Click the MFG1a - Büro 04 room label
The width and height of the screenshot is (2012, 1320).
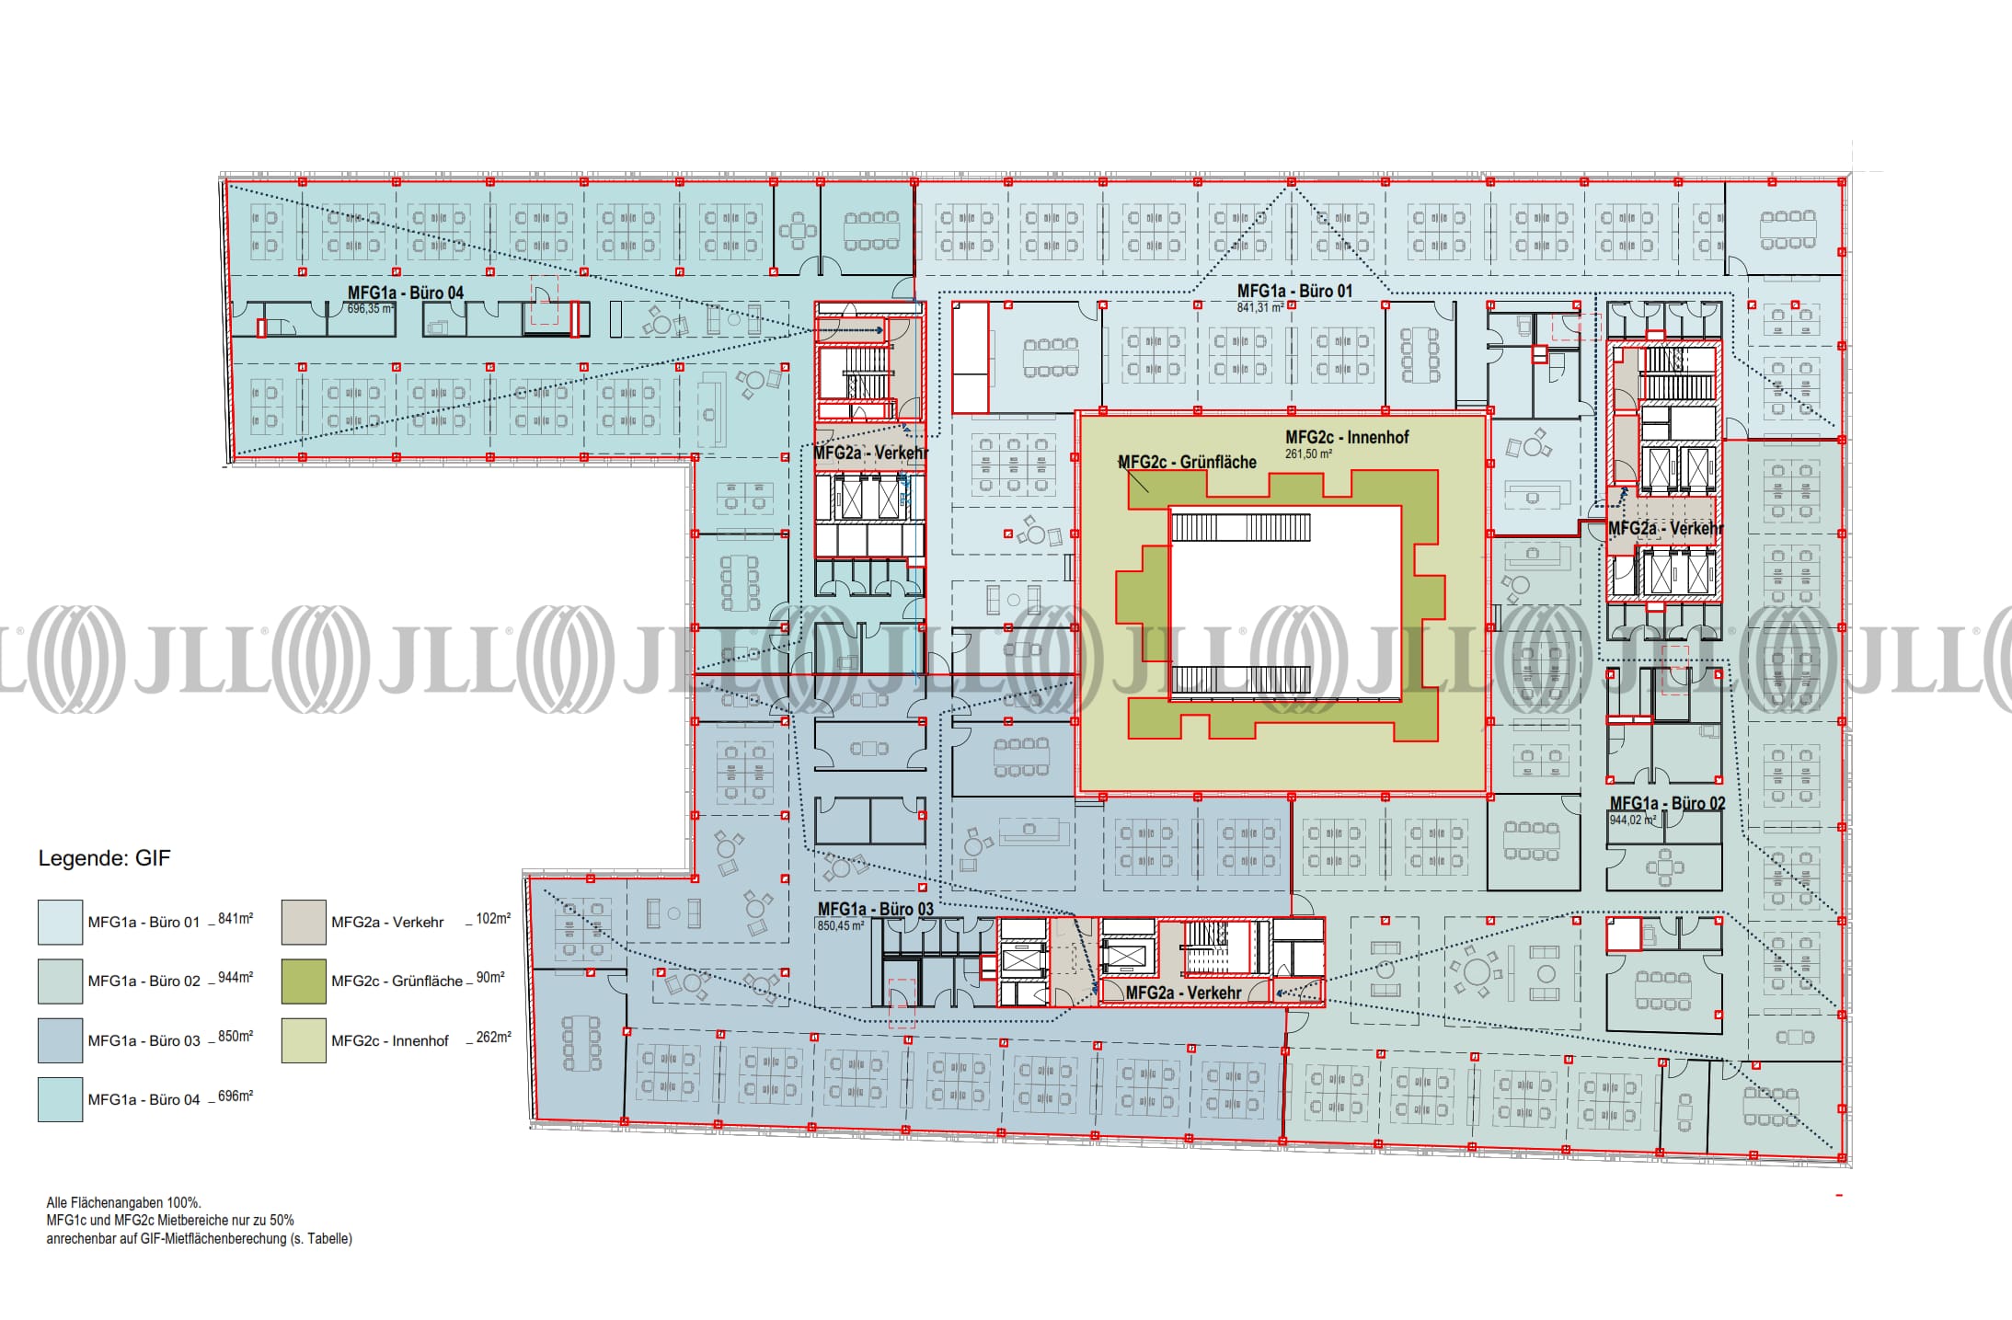406,293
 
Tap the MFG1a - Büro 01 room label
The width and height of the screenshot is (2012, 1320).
1294,291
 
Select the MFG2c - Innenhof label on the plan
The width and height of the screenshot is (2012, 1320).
1347,437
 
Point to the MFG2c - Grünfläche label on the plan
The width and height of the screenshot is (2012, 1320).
1187,462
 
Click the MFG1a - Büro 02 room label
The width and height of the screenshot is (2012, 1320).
1667,803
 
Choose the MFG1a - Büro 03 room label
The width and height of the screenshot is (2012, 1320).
875,909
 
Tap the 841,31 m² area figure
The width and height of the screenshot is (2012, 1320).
1260,307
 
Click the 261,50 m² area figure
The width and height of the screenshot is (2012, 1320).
1308,453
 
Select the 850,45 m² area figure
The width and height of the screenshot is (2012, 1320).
841,925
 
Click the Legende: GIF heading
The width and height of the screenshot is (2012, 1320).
104,858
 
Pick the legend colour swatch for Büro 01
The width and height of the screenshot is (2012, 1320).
60,922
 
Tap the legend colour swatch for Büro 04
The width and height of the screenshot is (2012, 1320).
60,1099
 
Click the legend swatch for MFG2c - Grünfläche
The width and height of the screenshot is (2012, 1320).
304,981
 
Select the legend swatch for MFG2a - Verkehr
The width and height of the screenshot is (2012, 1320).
304,922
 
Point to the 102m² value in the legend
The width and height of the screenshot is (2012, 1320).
493,918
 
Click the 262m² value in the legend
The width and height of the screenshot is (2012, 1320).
493,1037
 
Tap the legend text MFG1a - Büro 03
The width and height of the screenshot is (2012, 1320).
144,1040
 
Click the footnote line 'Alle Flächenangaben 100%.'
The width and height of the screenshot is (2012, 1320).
123,1202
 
